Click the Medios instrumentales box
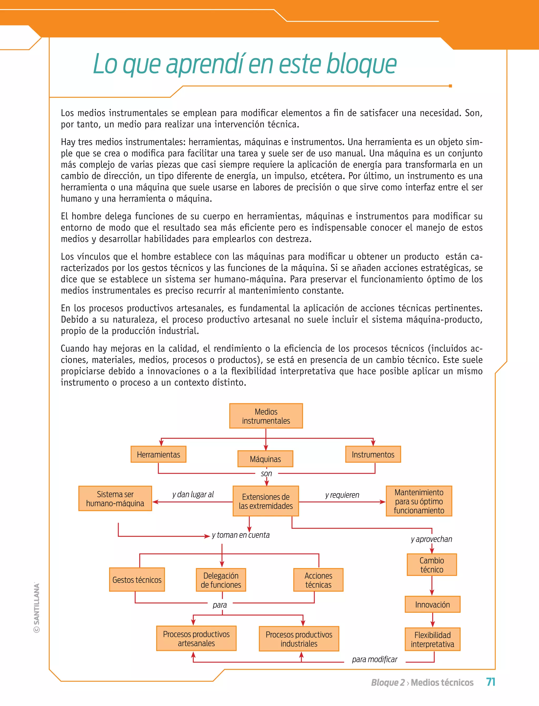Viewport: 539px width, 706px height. click(266, 416)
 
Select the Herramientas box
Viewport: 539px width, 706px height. click(158, 454)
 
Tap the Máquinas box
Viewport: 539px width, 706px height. click(265, 459)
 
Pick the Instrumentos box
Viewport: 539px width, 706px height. click(373, 454)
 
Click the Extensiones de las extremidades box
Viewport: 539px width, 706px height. click(266, 501)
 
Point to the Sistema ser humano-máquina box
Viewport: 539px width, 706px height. click(115, 499)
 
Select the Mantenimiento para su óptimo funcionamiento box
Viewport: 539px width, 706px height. click(419, 501)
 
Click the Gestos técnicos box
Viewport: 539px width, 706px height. click(137, 580)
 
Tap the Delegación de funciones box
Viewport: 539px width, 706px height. click(221, 580)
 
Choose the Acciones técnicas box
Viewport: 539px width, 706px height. click(318, 580)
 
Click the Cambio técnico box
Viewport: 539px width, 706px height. click(432, 565)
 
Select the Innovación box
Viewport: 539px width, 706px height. click(432, 605)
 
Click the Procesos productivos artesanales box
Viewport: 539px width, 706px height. click(196, 639)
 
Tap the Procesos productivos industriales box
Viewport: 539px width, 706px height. click(299, 639)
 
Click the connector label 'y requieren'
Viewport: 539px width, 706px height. click(342, 495)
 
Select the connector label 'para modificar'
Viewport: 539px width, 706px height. click(375, 659)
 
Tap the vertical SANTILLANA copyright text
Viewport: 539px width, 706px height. click(37, 608)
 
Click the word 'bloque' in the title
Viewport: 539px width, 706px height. click(362, 64)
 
